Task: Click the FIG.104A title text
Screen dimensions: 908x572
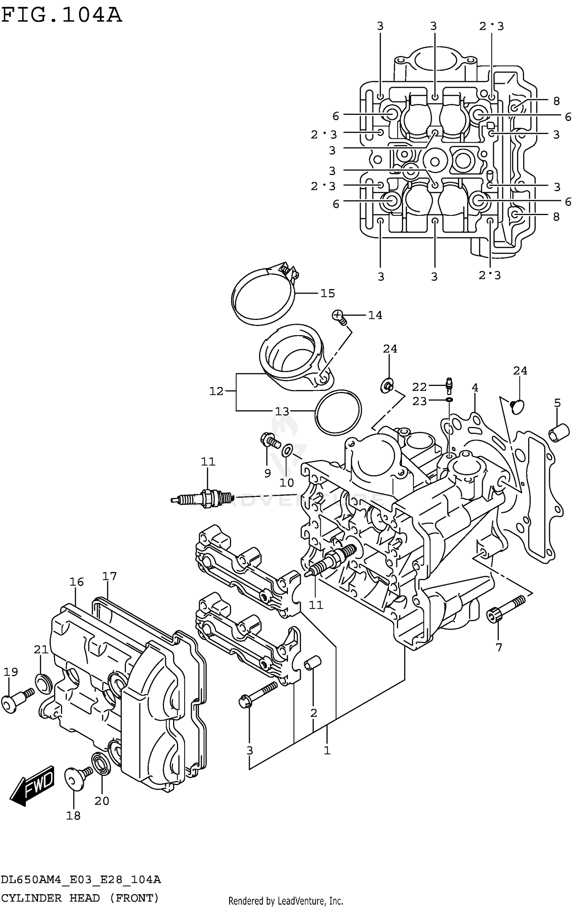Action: click(x=61, y=15)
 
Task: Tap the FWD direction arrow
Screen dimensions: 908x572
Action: click(x=32, y=784)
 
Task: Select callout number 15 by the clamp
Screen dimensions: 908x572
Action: click(x=327, y=293)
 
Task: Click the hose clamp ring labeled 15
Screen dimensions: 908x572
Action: click(x=263, y=297)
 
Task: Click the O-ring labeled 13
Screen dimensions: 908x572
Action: click(x=338, y=412)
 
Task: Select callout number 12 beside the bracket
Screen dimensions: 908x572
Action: click(x=216, y=391)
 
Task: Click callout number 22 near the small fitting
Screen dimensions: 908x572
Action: click(x=419, y=387)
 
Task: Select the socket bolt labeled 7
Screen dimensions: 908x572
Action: click(x=505, y=609)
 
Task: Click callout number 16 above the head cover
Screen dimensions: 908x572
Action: click(x=76, y=582)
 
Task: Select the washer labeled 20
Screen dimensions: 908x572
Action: click(x=101, y=764)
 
